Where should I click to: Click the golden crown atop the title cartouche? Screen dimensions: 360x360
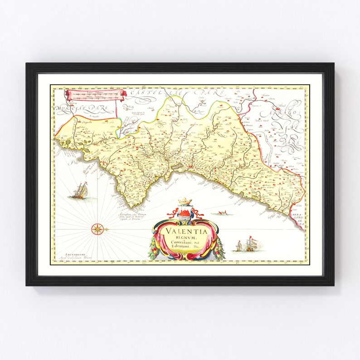(x=185, y=201)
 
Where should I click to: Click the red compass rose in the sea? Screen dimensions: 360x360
(x=98, y=229)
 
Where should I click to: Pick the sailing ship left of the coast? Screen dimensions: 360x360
(x=80, y=191)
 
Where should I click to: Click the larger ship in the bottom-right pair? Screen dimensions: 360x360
(x=250, y=245)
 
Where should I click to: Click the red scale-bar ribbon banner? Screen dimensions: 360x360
(x=95, y=94)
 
